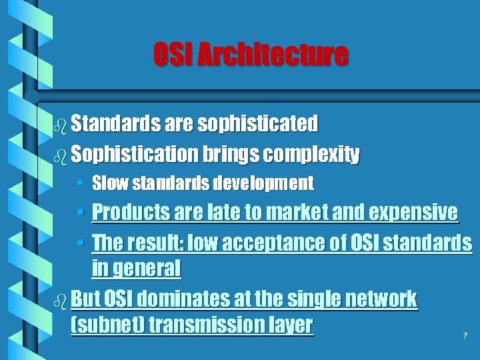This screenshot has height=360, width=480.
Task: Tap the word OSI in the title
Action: (x=174, y=55)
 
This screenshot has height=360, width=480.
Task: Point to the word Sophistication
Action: (x=134, y=155)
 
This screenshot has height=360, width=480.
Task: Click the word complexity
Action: (x=311, y=155)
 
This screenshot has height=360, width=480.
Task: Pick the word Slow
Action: (x=106, y=183)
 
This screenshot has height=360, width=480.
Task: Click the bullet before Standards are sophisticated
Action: (x=61, y=125)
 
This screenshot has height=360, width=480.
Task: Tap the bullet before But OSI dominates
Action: (x=61, y=299)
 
